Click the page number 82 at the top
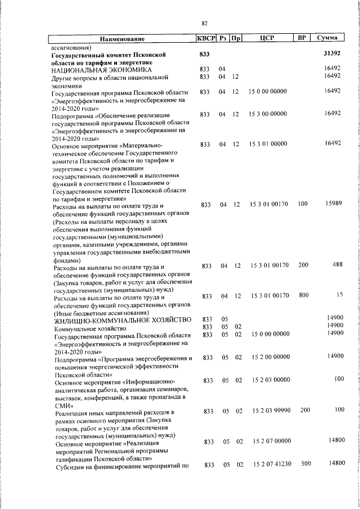click(x=204, y=23)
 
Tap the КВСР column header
click(x=206, y=38)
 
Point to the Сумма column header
click(x=327, y=38)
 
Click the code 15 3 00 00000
click(x=268, y=114)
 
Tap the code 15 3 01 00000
click(x=268, y=144)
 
